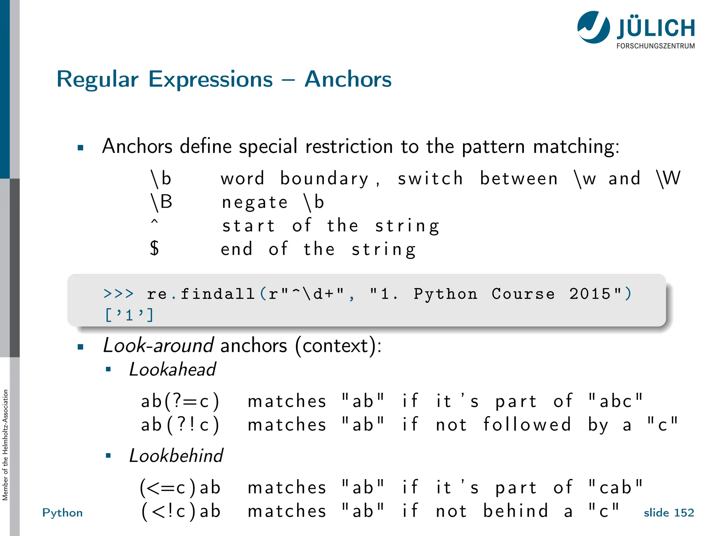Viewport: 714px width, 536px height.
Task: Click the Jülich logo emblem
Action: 593,27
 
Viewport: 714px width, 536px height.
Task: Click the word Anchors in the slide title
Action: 348,79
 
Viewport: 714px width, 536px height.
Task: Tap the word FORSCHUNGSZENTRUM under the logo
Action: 655,46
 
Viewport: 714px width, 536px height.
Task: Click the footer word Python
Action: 62,513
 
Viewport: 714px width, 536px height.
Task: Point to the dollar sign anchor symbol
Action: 154,248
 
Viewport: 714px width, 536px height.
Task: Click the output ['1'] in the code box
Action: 129,315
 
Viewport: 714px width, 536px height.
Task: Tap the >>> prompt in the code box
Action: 119,294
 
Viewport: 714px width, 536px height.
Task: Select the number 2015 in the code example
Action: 590,294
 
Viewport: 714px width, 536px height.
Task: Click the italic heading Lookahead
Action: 173,369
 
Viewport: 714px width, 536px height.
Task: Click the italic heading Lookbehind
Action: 176,456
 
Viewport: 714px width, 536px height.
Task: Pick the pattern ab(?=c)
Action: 180,401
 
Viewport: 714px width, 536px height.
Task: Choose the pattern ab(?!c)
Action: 180,425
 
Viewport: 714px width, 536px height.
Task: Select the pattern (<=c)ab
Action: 180,487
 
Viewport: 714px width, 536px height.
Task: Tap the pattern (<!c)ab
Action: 181,512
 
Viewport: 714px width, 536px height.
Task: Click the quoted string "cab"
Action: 615,487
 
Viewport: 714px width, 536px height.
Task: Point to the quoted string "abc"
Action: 615,401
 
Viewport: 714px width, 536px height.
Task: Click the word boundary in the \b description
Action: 324,179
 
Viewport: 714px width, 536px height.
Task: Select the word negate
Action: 255,202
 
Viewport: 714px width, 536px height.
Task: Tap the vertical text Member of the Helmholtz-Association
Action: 5,445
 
